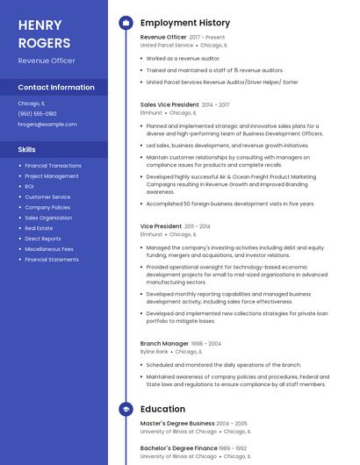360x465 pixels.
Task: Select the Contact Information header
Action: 56,87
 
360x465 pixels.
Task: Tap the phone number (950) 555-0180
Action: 37,113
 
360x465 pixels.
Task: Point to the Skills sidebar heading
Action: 26,149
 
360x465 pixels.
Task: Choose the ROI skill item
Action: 29,187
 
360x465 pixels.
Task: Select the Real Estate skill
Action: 39,228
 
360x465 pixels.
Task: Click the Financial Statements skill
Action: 52,260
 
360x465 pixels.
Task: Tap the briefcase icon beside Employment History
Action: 126,23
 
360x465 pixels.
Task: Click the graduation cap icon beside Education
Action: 126,409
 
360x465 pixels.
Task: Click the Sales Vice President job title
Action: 169,104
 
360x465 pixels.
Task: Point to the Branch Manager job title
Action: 164,343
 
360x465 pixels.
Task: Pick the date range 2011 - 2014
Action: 198,226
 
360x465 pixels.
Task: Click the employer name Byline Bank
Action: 154,351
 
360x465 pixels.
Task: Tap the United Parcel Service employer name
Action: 167,45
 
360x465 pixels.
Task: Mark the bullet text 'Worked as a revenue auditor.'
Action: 184,58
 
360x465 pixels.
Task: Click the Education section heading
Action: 162,409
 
